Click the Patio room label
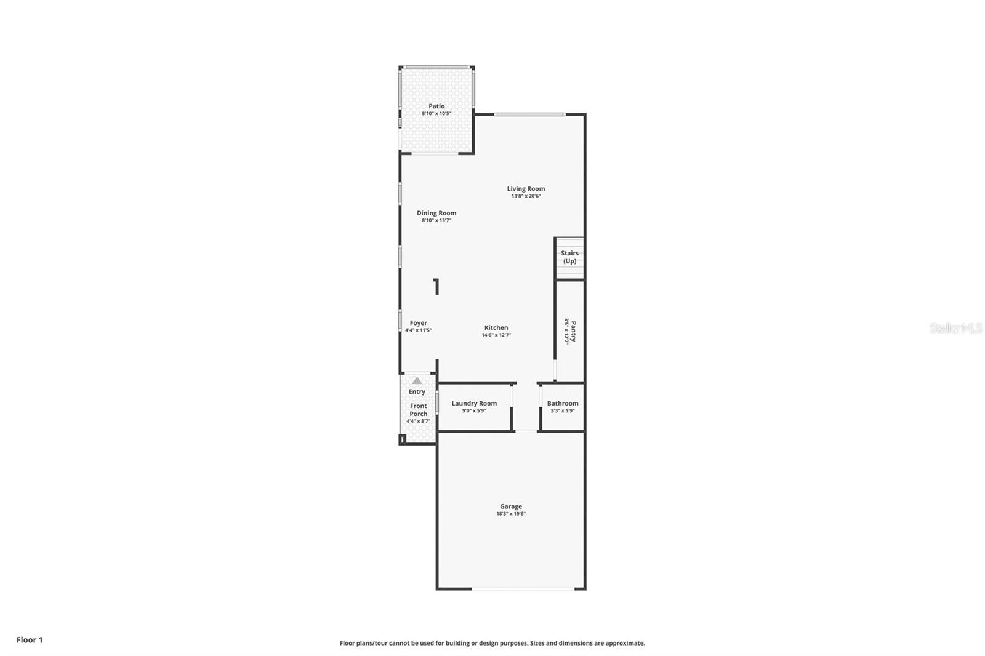(x=436, y=106)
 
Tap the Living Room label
(x=526, y=189)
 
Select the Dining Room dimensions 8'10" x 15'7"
(x=436, y=220)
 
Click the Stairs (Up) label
(x=569, y=257)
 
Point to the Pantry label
(x=573, y=330)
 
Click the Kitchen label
(x=496, y=327)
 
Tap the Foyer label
(x=418, y=323)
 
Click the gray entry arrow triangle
(x=417, y=381)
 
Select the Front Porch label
(x=418, y=410)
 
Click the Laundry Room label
(x=474, y=403)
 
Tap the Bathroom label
(x=563, y=403)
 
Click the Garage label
(x=511, y=506)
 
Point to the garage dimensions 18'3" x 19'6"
(x=511, y=514)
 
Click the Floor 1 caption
(x=30, y=640)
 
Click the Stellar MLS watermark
(x=955, y=328)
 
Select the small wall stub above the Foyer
(x=436, y=287)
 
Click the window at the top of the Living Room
(x=529, y=114)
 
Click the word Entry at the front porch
(x=417, y=391)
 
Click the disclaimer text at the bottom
(x=492, y=643)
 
